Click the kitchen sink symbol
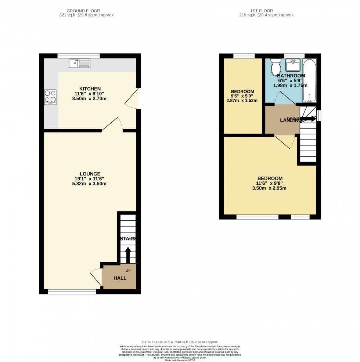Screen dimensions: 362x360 (x=79, y=63)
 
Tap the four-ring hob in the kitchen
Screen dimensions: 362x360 (x=50, y=97)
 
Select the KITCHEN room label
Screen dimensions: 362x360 (x=90, y=89)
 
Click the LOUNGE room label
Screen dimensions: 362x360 (x=90, y=174)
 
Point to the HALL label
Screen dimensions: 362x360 (x=120, y=278)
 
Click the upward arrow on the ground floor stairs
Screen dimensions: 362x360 (x=128, y=255)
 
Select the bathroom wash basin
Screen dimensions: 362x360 (x=293, y=65)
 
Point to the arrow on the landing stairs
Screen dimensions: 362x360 (x=308, y=119)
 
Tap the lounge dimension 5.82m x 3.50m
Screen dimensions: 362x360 (x=90, y=184)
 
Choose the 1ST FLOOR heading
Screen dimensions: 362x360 (x=267, y=11)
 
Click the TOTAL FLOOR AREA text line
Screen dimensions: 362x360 (x=180, y=342)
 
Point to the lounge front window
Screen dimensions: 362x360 (x=72, y=292)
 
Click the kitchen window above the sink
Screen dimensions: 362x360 (x=79, y=56)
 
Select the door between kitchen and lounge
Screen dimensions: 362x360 (x=112, y=125)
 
